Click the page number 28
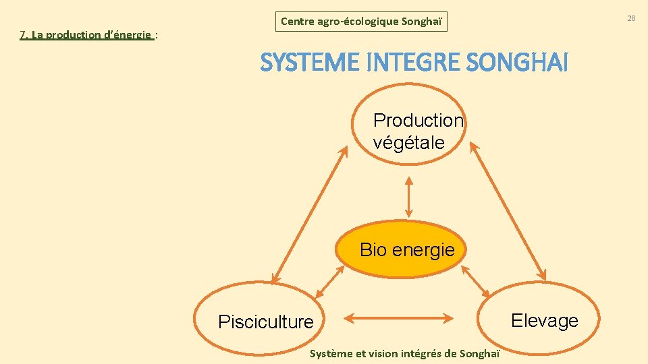coord(631,18)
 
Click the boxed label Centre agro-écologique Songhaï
coord(361,22)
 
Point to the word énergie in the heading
coord(132,35)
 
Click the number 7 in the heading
coord(23,35)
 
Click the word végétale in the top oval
coord(408,142)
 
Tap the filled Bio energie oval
coord(407,250)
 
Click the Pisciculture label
coord(266,322)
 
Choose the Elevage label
coord(545,320)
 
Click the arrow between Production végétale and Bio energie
coord(408,196)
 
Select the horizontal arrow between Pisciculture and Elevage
coord(398,316)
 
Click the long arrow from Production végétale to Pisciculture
coord(309,216)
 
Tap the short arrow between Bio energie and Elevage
coord(476,282)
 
